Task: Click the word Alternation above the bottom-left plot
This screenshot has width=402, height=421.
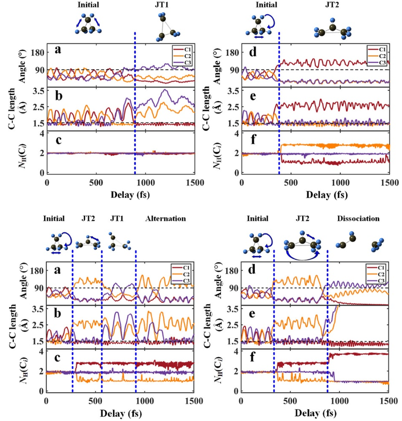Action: coord(166,218)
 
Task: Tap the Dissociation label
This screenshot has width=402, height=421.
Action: coord(358,218)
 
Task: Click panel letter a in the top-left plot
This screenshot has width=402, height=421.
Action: coord(57,52)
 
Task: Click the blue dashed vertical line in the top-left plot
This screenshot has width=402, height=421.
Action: coord(135,106)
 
